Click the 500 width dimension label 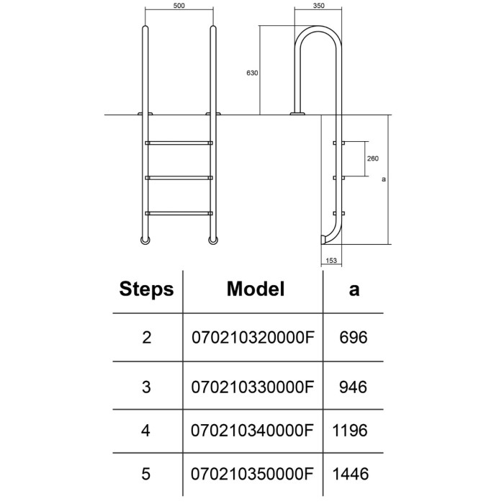179,6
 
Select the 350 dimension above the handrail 318,6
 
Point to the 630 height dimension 252,73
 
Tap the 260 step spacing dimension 372,158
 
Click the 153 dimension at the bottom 331,261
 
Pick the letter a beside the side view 384,179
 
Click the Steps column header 146,289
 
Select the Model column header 256,289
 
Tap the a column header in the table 354,290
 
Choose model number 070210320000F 253,338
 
